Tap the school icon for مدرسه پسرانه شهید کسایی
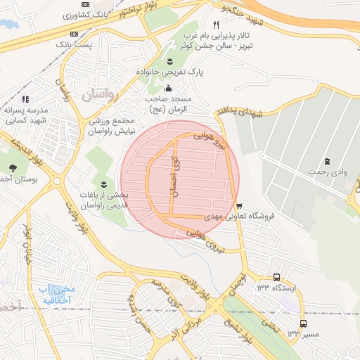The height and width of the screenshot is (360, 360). pos(27,99)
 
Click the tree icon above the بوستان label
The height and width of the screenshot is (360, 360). pos(14,167)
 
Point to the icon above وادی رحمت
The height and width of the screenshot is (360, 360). pos(328,161)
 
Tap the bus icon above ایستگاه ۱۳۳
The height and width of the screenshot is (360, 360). pos(276,277)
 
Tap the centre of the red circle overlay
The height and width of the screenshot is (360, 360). pos(180,179)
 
